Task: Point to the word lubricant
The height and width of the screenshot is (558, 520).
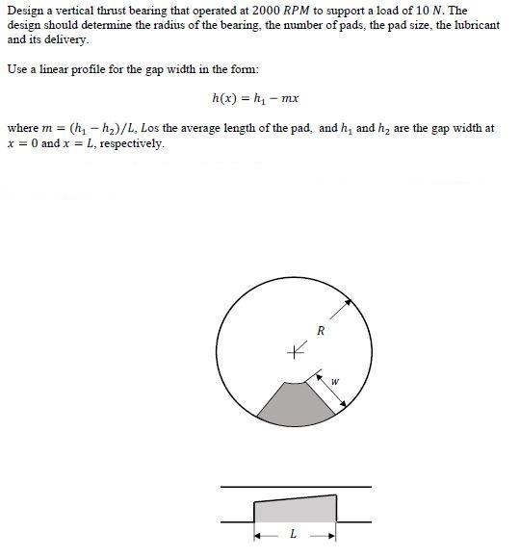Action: pyautogui.click(x=472, y=25)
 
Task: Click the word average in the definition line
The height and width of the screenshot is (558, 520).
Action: pyautogui.click(x=206, y=128)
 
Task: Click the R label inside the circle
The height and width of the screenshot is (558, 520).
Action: pyautogui.click(x=321, y=332)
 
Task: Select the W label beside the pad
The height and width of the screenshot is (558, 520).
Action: pyautogui.click(x=334, y=382)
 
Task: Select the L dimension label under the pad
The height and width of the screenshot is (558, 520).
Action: pyautogui.click(x=294, y=536)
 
